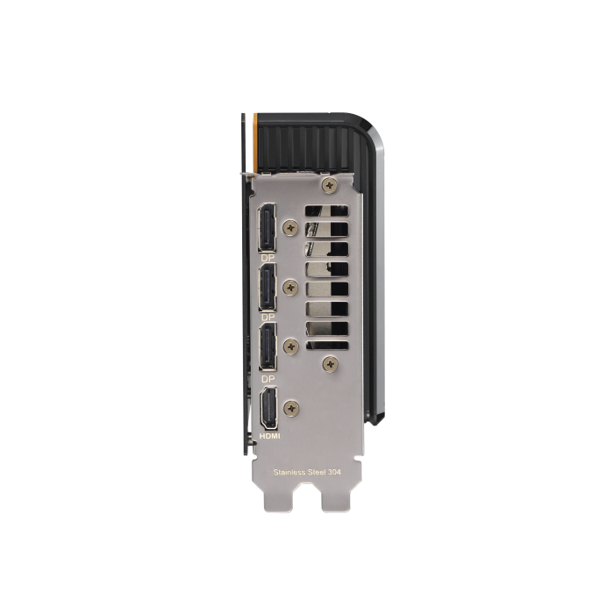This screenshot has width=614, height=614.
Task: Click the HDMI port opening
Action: pos(268,408)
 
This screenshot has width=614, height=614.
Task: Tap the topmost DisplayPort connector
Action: pos(267,227)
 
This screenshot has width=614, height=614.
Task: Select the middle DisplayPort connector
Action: pos(267,287)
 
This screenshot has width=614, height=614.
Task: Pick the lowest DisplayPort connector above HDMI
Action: pos(268,346)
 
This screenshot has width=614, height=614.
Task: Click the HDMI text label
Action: pos(270,435)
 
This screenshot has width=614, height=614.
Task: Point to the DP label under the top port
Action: pos(268,258)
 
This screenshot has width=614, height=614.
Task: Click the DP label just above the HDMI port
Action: pos(268,379)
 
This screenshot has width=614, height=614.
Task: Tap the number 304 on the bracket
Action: pos(333,472)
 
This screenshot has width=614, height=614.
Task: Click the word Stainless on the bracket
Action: pos(289,472)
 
